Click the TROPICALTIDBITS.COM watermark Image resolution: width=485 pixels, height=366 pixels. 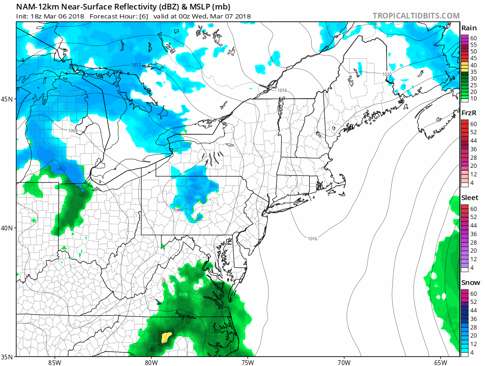coord(416,16)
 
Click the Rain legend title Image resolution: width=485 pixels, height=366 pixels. coord(468,28)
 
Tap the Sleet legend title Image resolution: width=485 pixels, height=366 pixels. coord(470,198)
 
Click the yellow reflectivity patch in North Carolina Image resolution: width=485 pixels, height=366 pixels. coord(166,337)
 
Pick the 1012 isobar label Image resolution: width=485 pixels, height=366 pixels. coord(136,64)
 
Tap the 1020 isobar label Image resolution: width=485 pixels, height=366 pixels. coord(387,74)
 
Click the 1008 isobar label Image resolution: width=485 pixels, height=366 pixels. coord(72,130)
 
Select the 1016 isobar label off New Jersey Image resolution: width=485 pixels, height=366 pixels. coord(313,238)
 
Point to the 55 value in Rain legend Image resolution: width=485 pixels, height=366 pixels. coord(473,45)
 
